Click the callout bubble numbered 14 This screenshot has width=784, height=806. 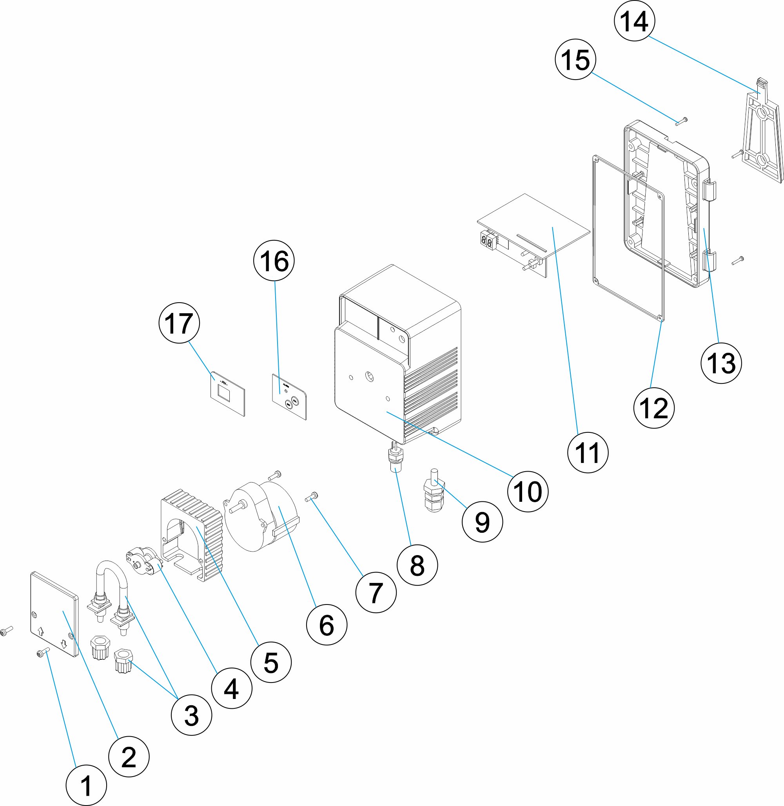[x=634, y=21]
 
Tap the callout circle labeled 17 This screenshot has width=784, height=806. [x=179, y=323]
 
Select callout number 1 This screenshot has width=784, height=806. [x=86, y=785]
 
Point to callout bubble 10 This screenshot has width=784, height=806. [x=528, y=492]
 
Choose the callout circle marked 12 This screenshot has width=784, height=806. [x=654, y=408]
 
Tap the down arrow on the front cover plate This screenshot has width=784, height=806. [x=64, y=643]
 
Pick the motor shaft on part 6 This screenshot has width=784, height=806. [x=237, y=507]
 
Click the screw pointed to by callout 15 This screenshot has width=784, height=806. [x=681, y=121]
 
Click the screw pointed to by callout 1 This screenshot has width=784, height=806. [x=43, y=652]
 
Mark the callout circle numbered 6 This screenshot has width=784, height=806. [x=327, y=625]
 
